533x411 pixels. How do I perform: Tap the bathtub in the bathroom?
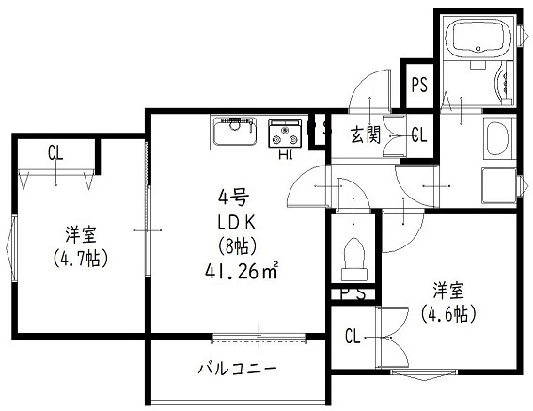tap(478, 39)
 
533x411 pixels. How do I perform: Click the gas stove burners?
tap(284, 134)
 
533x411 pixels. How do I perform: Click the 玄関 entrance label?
tap(366, 134)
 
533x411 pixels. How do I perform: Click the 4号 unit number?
tap(232, 198)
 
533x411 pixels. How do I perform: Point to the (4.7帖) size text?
tap(79, 258)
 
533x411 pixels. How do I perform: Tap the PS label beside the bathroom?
tap(418, 86)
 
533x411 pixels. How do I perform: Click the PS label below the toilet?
tap(353, 293)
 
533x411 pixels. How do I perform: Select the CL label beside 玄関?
tap(418, 134)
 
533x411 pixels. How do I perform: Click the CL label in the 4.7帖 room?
tap(55, 153)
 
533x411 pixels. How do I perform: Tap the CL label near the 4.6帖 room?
tap(353, 336)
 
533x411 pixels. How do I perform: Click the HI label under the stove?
tap(284, 154)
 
